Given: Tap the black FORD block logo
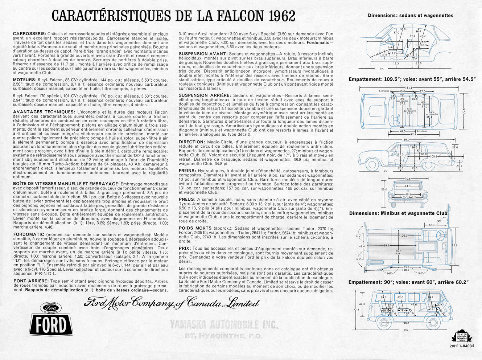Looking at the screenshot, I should [x=50, y=324].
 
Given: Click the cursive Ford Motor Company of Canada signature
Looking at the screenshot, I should [x=171, y=302].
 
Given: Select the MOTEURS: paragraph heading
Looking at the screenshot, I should [x=24, y=79].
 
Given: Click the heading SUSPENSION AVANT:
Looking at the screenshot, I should [x=203, y=54].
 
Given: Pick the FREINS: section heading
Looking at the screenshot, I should [x=187, y=171].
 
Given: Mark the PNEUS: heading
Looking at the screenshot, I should [x=186, y=199].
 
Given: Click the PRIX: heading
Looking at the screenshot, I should [x=185, y=248].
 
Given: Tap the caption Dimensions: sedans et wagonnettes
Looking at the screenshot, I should [x=410, y=16].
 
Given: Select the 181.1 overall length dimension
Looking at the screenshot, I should [x=409, y=88].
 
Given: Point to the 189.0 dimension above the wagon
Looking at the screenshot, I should [x=406, y=140].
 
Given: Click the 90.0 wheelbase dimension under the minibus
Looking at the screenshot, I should [x=406, y=323].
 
